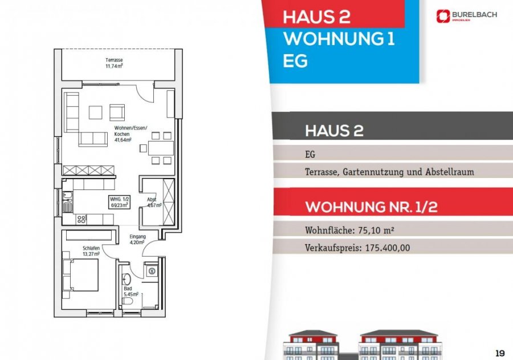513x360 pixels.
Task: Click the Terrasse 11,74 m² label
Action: coord(114,63)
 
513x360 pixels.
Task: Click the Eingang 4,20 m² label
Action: coord(138,239)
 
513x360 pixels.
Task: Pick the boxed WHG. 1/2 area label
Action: coord(119,201)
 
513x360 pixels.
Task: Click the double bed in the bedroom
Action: coord(82,274)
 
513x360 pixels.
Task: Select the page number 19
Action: coord(500,351)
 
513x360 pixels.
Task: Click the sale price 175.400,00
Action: coord(385,248)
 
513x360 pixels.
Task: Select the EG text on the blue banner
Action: coord(295,60)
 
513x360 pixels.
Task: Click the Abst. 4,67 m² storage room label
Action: coord(154,202)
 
